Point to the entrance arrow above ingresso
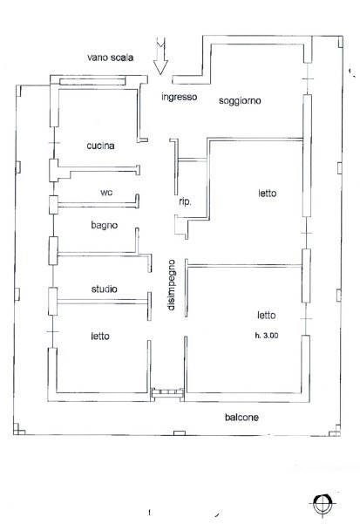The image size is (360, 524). (x=160, y=58)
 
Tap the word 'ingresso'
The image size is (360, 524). (x=180, y=97)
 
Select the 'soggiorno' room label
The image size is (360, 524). (x=241, y=100)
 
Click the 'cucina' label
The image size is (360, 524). (x=102, y=146)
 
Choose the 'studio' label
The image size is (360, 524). (x=105, y=289)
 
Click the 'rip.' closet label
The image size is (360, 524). (x=185, y=202)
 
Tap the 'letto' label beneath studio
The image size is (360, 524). (x=102, y=335)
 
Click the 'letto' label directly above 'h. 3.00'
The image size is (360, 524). (x=267, y=316)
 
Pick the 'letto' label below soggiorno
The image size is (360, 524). (x=267, y=194)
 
